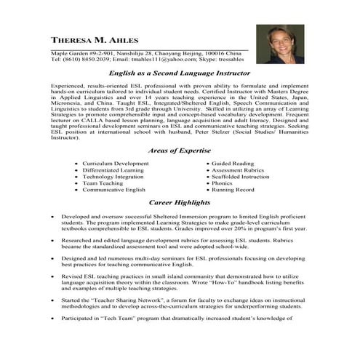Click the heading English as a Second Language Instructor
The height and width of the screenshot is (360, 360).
click(180, 73)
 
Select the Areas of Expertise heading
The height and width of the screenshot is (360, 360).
click(180, 151)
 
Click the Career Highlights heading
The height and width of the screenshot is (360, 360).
click(180, 201)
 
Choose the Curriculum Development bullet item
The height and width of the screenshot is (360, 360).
click(115, 164)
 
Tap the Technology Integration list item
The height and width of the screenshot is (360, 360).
click(113, 177)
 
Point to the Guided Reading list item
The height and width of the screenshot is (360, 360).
click(233, 164)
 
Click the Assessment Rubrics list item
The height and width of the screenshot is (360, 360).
click(238, 170)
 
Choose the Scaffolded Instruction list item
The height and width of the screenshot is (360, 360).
click(240, 177)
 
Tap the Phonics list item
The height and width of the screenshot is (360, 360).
click(223, 183)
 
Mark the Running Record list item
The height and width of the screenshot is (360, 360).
click(233, 190)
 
